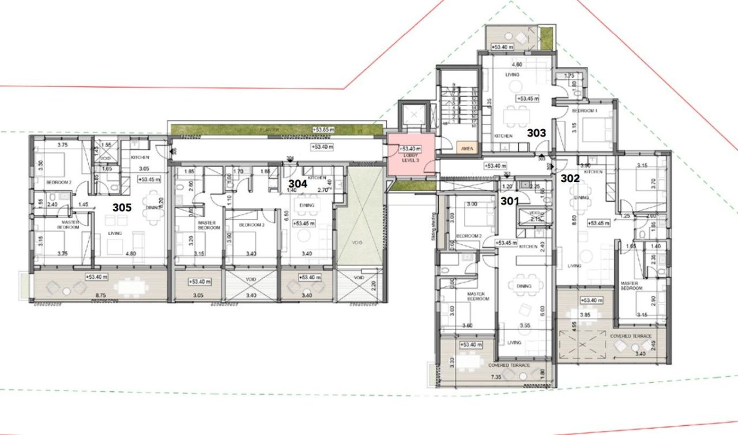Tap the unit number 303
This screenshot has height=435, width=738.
[536, 133]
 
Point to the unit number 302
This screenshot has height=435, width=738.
[570, 179]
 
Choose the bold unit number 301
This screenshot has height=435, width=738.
[510, 201]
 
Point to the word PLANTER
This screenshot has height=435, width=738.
[269, 130]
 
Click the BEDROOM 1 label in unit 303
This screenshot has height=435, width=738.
[585, 110]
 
